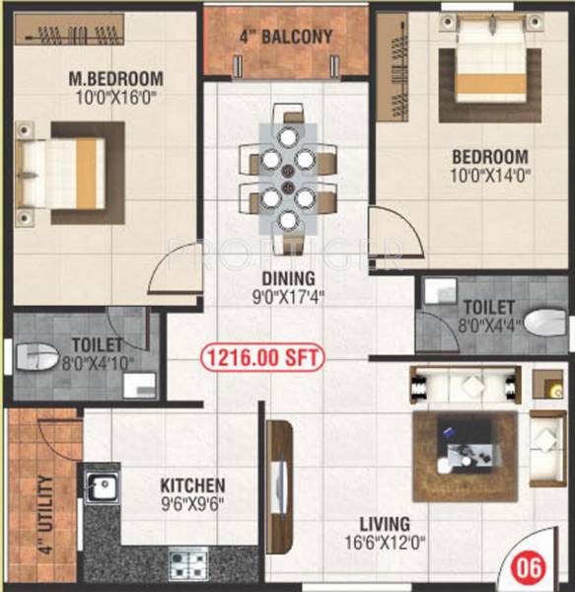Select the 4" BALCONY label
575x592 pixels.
[x=286, y=38]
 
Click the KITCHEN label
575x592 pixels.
[x=192, y=485]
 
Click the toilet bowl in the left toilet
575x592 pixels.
[x=35, y=357]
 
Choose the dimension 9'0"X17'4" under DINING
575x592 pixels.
[x=288, y=295]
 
